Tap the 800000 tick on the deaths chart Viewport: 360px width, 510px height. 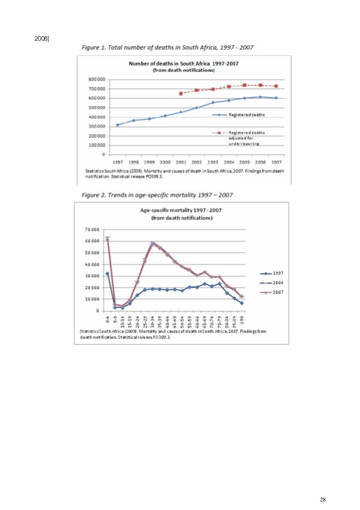(x=97, y=80)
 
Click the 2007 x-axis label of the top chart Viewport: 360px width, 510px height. (x=276, y=161)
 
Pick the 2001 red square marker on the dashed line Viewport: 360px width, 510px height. (x=181, y=94)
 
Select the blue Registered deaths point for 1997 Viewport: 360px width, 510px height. (x=117, y=125)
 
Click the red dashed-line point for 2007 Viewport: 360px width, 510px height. (x=276, y=86)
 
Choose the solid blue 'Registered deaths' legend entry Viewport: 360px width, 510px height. (x=237, y=115)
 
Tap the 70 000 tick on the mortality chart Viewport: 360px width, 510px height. (x=91, y=230)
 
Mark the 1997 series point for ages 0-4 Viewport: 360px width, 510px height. (x=107, y=273)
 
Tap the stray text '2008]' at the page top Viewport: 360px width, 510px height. (x=42, y=38)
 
